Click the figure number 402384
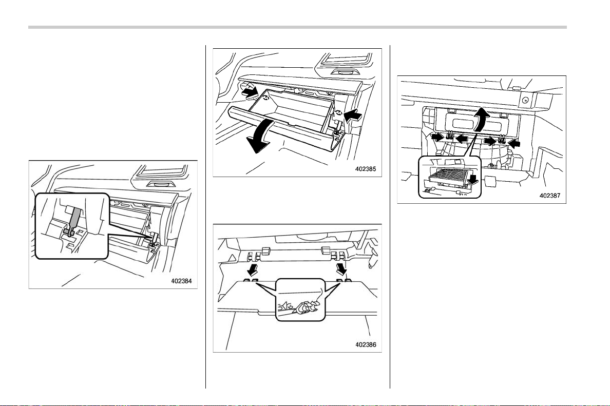pyautogui.click(x=182, y=281)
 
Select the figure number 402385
pyautogui.click(x=366, y=169)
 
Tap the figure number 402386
pyautogui.click(x=366, y=344)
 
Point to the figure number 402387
pyautogui.click(x=550, y=196)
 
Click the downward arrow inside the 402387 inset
pyautogui.click(x=473, y=180)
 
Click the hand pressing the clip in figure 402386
pyautogui.click(x=308, y=305)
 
